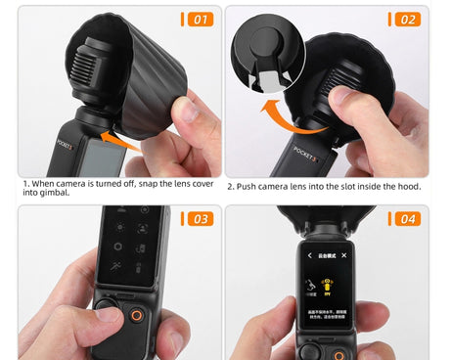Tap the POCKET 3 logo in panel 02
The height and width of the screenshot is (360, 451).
307,154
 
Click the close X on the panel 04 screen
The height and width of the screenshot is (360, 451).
342,255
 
